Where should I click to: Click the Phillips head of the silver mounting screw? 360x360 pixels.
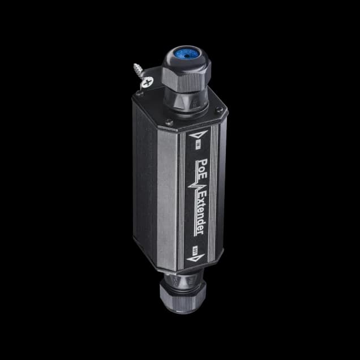149,83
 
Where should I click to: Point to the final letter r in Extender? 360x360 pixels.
202,232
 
